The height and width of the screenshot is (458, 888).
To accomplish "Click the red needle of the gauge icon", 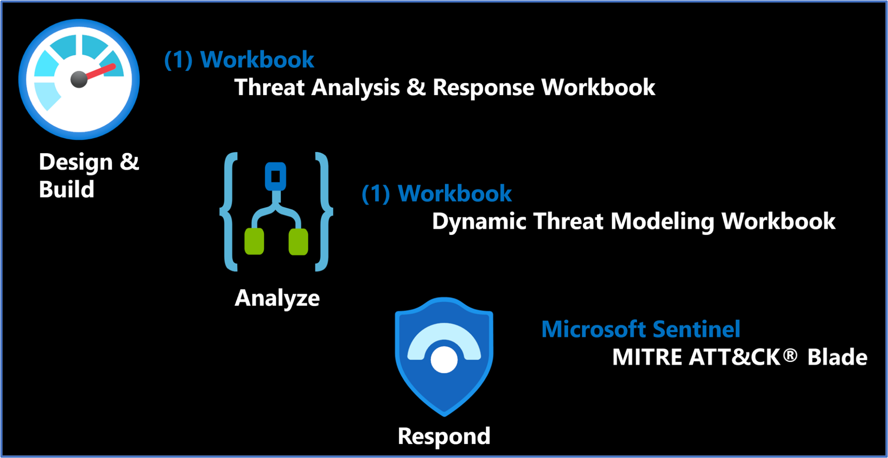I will coord(101,72).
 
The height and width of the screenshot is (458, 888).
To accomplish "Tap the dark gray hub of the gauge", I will coord(79,79).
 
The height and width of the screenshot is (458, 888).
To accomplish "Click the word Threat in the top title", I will coord(270,87).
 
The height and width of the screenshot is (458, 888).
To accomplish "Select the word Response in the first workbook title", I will coord(483,88).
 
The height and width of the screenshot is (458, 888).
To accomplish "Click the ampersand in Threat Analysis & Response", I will coord(416,87).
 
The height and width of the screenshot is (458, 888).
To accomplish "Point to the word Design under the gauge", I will coord(76,163).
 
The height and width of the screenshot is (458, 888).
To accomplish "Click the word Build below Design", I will coord(66,189).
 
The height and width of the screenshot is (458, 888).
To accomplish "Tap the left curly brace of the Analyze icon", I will coord(229,211).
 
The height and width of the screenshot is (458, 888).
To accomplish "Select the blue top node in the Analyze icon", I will coord(275,176).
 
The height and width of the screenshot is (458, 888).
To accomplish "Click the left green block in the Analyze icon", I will coord(254,241).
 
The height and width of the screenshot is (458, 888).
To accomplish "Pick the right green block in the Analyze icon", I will coord(298,241).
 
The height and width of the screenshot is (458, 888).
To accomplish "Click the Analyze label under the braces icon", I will coord(277,298).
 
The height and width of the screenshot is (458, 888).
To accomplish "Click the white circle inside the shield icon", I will coord(444,359).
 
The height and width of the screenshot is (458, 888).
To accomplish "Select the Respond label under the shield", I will coord(444,436).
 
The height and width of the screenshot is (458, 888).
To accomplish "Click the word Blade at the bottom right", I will coord(837,357).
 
